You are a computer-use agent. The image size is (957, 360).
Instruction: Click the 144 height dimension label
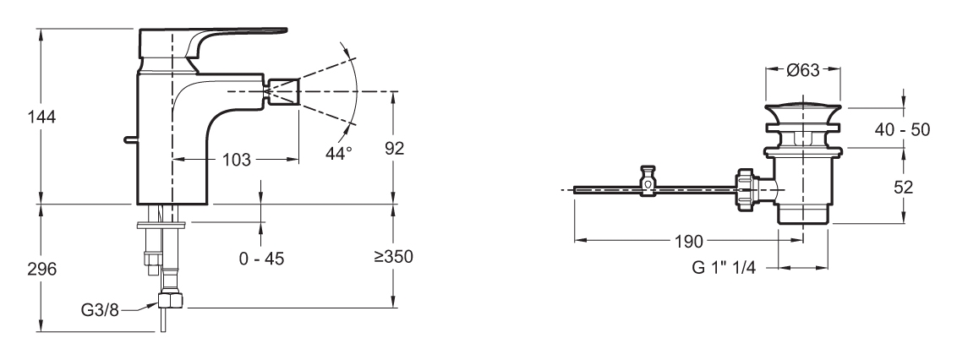point(41,117)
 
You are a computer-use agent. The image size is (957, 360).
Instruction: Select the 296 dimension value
point(41,269)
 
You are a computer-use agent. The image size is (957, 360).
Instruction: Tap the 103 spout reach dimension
point(236,160)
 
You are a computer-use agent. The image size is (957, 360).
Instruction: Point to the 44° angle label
point(339,153)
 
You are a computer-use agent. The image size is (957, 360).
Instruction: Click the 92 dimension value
point(394,148)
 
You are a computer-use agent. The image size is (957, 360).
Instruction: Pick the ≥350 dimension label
point(394,257)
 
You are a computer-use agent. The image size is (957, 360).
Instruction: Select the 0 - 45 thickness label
point(261,259)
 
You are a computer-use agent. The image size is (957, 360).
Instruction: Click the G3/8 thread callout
point(100,310)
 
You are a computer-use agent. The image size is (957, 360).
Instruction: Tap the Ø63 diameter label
point(802,71)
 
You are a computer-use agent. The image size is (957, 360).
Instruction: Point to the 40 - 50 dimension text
point(902,129)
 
